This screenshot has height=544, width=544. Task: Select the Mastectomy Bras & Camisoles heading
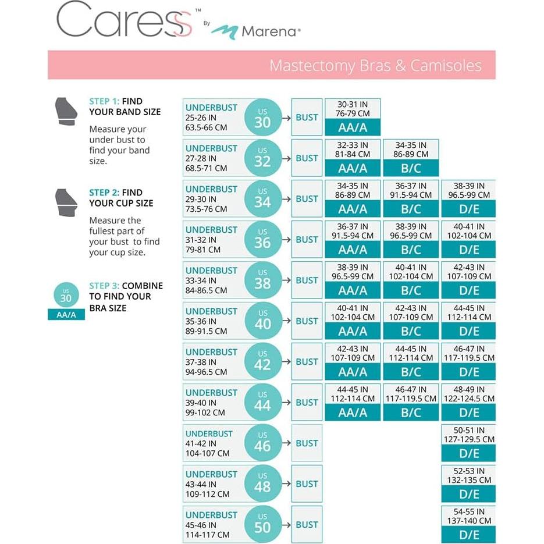click(x=375, y=65)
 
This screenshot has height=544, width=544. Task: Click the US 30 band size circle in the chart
click(x=262, y=117)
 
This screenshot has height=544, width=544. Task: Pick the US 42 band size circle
click(x=262, y=361)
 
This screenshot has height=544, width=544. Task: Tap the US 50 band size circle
click(x=262, y=524)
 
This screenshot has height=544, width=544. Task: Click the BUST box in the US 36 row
click(x=307, y=239)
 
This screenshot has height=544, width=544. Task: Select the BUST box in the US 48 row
click(x=307, y=483)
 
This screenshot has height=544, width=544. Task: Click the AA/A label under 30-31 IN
click(x=353, y=127)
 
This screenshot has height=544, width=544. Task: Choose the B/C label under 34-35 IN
click(x=411, y=168)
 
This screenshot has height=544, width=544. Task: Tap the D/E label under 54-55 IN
click(x=469, y=535)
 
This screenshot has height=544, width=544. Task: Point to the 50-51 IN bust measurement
click(x=469, y=431)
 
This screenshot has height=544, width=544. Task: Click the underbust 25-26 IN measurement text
click(x=201, y=118)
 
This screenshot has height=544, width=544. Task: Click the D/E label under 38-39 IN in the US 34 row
click(x=469, y=209)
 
